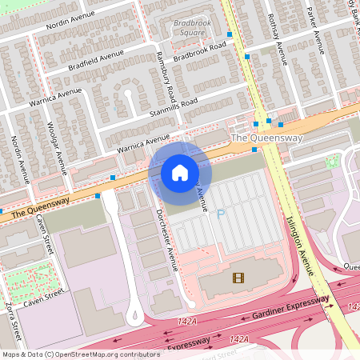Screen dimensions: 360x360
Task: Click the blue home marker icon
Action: tap(180, 172)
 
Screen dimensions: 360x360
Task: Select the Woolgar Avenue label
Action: tap(54, 147)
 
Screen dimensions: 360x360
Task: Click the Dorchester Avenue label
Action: tap(166, 240)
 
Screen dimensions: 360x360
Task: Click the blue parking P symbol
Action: tap(222, 213)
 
